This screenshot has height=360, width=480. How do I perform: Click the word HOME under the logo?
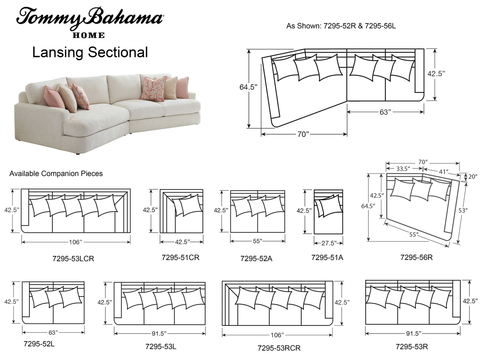[89, 35]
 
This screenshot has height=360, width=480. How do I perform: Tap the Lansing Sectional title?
[90, 52]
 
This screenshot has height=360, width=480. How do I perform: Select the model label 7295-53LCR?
[73, 259]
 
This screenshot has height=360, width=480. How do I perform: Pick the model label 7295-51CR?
[180, 258]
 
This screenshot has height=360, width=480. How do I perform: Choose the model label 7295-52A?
[256, 259]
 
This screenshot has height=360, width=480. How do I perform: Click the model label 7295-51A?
[327, 258]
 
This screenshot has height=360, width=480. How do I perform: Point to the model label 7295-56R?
[416, 257]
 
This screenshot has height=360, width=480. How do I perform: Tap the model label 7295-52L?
[39, 344]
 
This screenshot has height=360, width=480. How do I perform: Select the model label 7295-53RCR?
[279, 348]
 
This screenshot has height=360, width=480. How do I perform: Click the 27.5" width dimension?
[328, 243]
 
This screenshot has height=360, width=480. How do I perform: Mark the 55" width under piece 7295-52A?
[258, 241]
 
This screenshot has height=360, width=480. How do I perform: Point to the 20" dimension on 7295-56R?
[473, 177]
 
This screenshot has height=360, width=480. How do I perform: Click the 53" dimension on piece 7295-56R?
[463, 210]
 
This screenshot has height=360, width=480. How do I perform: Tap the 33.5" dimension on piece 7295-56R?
[403, 169]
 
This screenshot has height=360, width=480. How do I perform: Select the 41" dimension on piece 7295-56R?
[443, 172]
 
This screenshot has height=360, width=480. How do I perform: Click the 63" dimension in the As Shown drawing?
[385, 112]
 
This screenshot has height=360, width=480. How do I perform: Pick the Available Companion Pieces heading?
[56, 173]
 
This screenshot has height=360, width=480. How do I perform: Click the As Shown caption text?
[341, 26]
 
